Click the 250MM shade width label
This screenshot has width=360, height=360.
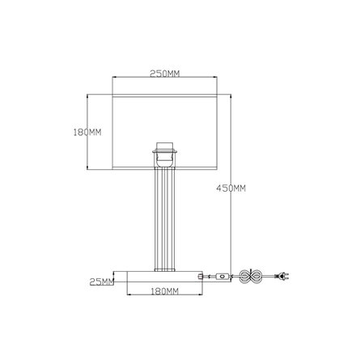(x=164, y=74)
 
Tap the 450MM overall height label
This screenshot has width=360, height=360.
(x=231, y=188)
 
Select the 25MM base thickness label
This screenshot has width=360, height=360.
(x=102, y=282)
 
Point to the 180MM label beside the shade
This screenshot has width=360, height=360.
(x=87, y=133)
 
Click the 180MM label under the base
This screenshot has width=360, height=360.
(x=164, y=291)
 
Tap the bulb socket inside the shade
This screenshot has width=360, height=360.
(x=164, y=155)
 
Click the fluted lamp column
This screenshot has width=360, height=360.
(x=164, y=219)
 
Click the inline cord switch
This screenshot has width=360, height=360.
(x=222, y=276)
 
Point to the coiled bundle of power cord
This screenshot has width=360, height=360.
(x=251, y=276)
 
